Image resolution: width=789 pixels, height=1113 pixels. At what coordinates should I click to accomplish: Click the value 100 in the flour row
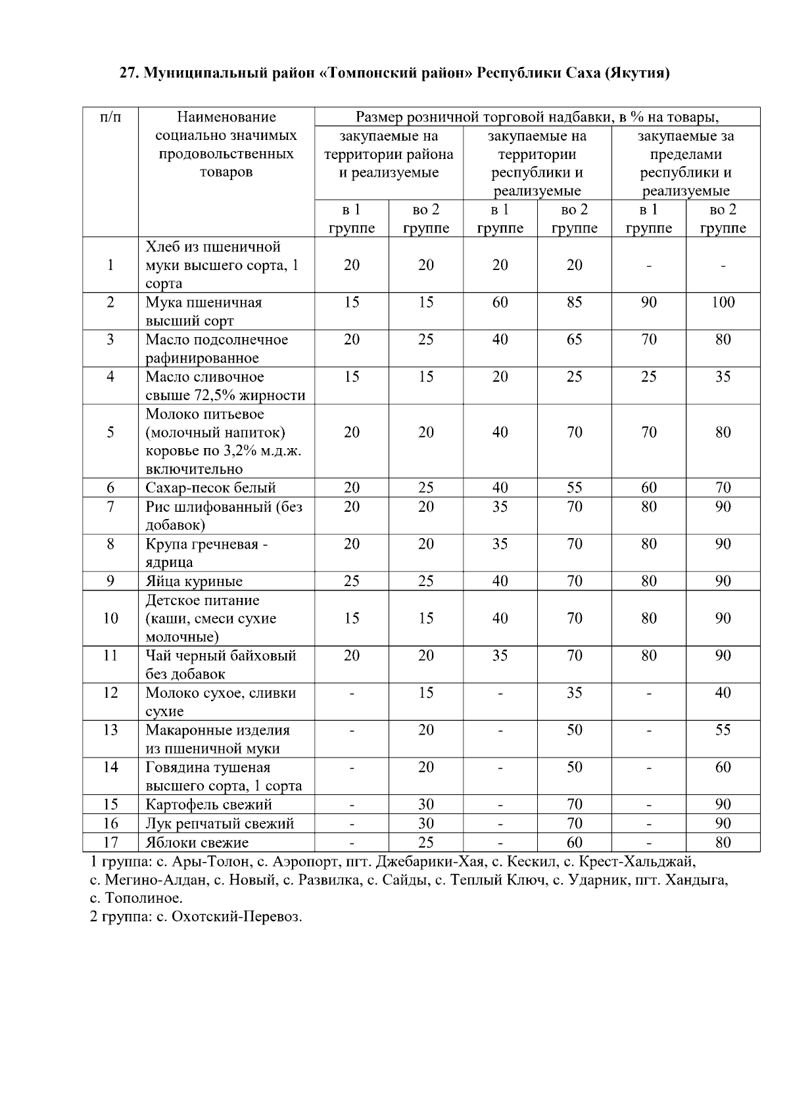[723, 302]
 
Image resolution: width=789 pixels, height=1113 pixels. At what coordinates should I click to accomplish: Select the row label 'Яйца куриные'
[194, 581]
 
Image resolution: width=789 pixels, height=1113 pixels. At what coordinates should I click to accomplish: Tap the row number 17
[110, 842]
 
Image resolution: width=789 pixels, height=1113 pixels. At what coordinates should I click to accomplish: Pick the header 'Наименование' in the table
[226, 117]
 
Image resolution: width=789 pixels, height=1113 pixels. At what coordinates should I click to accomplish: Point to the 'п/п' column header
[110, 117]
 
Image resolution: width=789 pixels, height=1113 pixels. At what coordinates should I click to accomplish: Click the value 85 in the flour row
[574, 302]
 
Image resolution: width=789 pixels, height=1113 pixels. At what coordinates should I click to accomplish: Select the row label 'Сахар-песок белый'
[210, 488]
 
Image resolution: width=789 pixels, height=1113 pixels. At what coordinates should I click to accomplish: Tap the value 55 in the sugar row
[574, 488]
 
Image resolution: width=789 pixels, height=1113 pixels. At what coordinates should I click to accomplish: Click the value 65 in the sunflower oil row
[574, 340]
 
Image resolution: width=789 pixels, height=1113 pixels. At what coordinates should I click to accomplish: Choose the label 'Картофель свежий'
[208, 804]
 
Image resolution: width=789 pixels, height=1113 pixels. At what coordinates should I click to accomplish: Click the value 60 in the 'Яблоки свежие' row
[574, 842]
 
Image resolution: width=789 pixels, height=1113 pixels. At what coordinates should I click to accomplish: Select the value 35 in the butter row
[723, 376]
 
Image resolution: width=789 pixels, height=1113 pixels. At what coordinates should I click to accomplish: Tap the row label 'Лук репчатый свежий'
[220, 823]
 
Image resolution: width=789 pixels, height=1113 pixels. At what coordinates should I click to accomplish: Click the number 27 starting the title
[128, 72]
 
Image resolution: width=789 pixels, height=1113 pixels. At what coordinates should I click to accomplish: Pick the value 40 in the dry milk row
[723, 693]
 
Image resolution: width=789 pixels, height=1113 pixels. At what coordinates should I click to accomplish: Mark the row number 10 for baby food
[110, 618]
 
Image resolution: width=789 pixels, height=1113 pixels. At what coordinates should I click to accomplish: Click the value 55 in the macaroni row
[723, 730]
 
